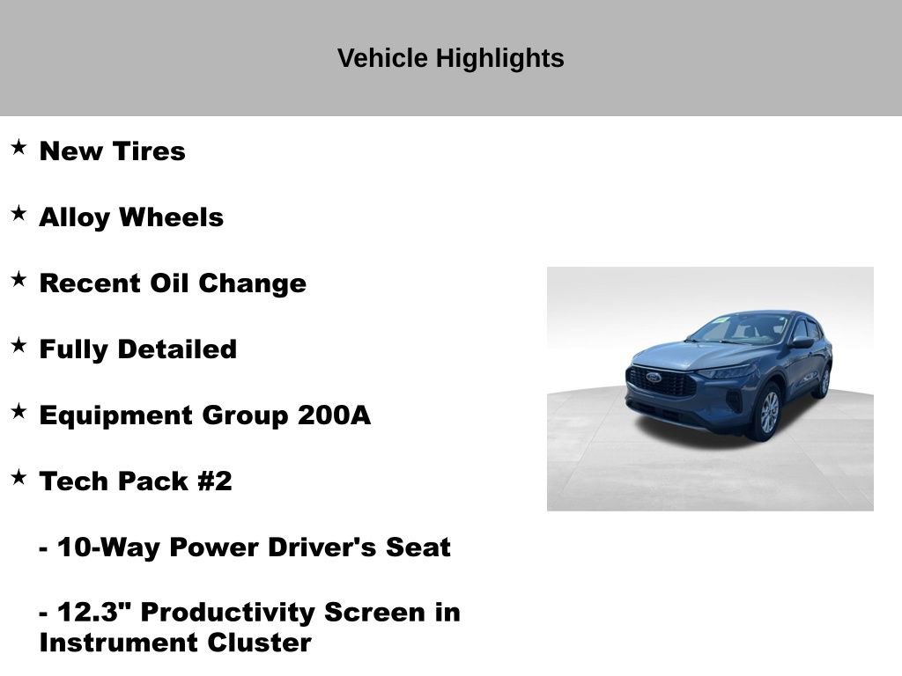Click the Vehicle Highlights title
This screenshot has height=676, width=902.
pos(450,58)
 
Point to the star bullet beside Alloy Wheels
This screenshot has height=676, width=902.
pos(18,213)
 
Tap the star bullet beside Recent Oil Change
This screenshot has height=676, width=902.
pos(18,279)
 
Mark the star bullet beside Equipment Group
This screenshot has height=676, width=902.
pos(18,411)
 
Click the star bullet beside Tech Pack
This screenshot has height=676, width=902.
pos(18,477)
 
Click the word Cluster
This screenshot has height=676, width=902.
pos(259,643)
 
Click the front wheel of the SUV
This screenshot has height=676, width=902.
pos(767,411)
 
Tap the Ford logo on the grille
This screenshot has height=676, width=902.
pos(653,377)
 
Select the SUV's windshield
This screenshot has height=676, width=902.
pos(740,328)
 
